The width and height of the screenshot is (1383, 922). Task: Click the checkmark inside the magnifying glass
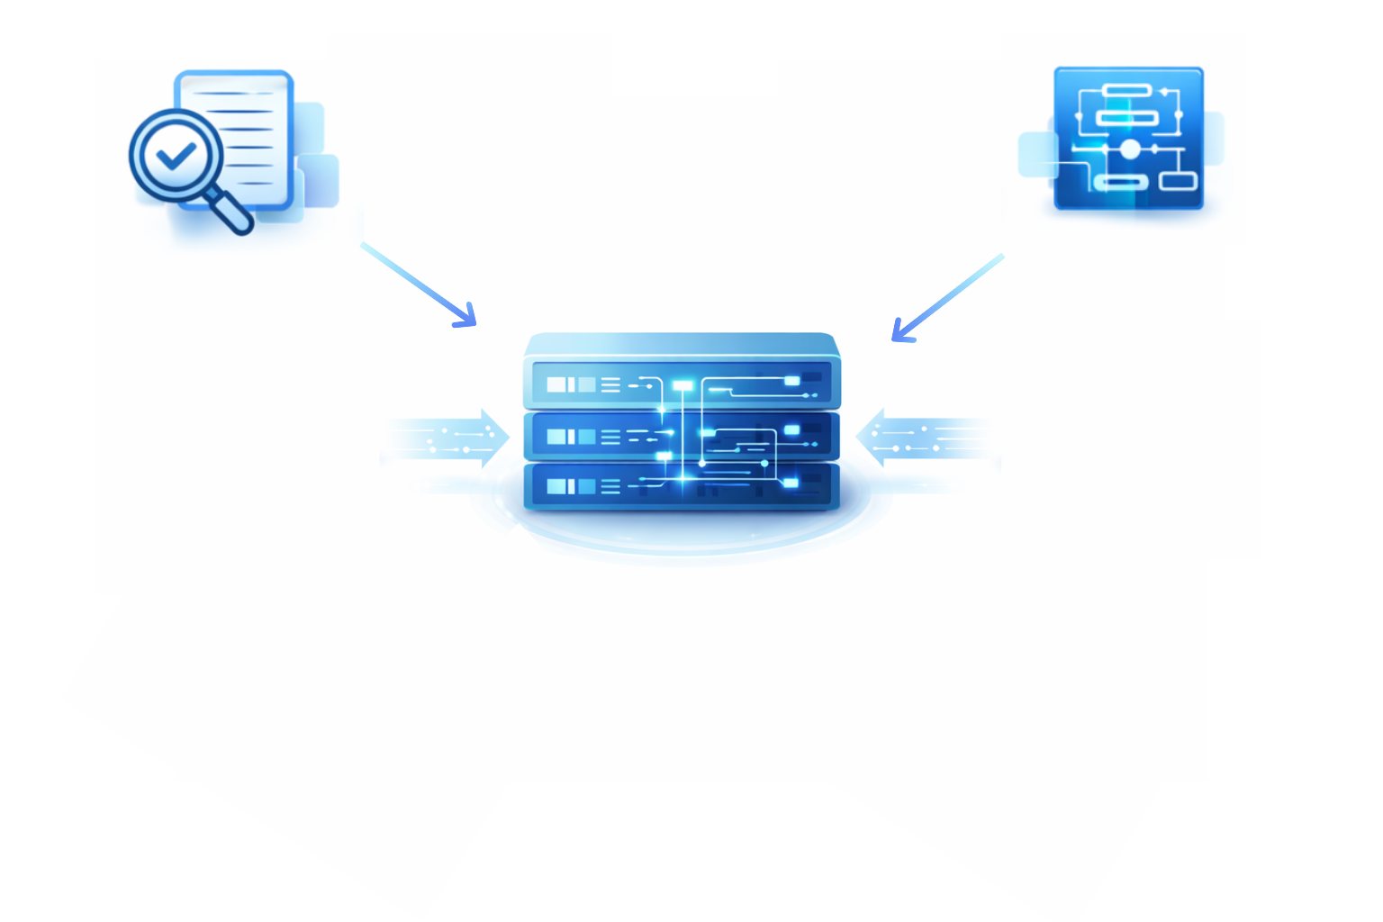pos(176,157)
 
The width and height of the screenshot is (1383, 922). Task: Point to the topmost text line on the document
pos(236,94)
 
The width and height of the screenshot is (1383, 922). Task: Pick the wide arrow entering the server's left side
pos(450,438)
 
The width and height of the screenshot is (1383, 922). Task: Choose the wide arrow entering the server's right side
pos(923,438)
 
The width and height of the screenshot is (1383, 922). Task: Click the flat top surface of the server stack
pos(682,345)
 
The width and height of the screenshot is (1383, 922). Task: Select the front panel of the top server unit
pos(682,385)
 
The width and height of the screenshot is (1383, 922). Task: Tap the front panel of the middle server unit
pos(682,438)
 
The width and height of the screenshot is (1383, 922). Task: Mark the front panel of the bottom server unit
pos(682,486)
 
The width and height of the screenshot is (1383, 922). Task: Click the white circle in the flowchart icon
pos(1130,149)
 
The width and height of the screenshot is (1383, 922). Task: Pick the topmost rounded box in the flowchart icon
pos(1126,90)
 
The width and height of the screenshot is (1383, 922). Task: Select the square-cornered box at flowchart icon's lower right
pos(1178,181)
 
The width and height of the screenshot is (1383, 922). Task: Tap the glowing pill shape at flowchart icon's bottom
pos(1120,183)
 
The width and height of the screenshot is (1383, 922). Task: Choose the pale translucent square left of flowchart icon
pos(1037,154)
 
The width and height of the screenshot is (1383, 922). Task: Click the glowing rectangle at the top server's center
pos(683,385)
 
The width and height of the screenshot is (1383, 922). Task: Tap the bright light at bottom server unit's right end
pos(791,484)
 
